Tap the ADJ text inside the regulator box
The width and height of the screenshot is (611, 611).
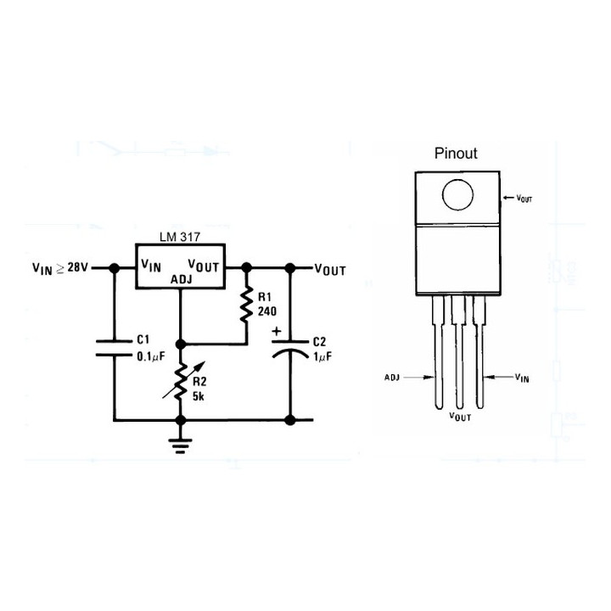coord(181,279)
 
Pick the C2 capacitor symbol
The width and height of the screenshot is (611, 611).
coord(289,350)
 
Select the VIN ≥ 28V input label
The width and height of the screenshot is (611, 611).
coord(60,267)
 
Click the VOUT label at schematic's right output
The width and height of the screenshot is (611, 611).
coord(330,270)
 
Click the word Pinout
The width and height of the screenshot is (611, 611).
coord(456,154)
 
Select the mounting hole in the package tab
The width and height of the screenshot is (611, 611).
coord(457,195)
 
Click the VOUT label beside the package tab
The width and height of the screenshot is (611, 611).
coord(524,197)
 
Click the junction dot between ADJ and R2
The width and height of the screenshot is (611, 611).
coord(181,344)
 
